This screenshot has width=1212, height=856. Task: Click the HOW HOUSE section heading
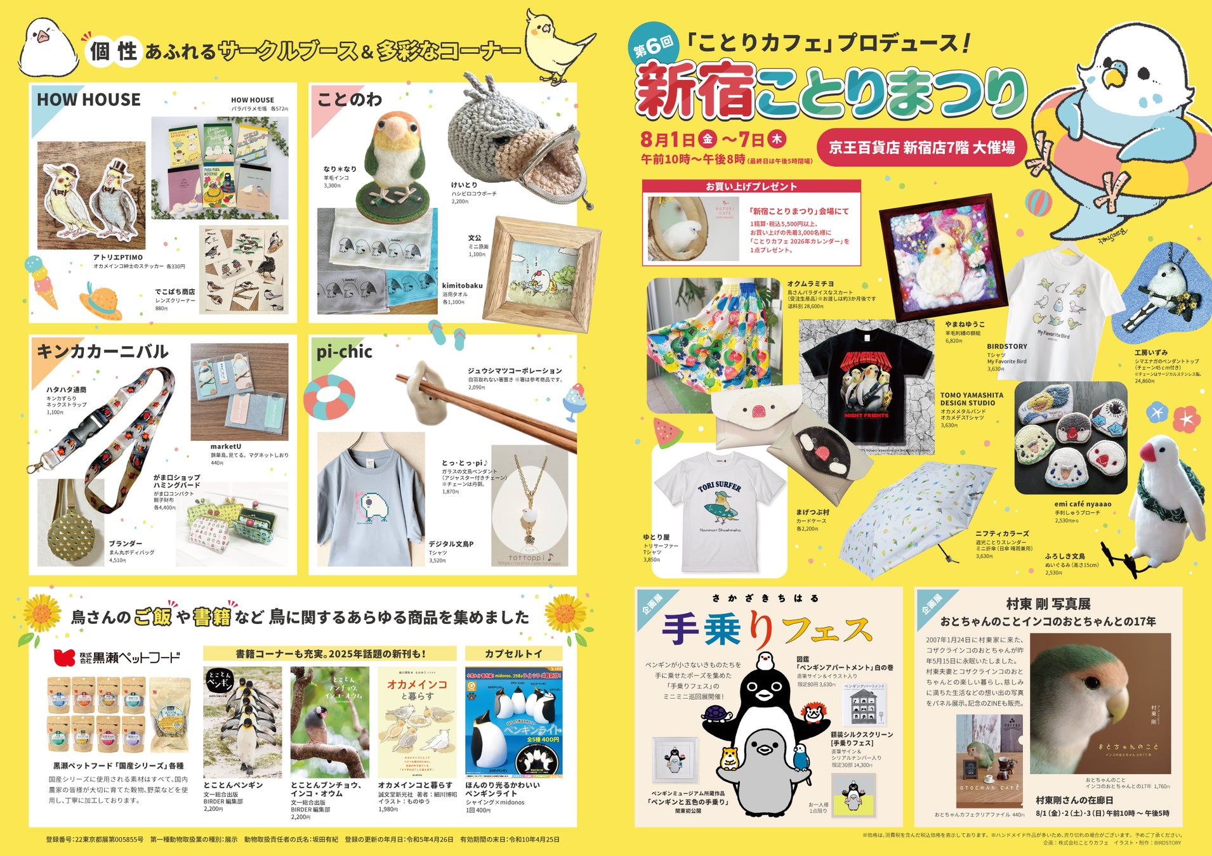point(88,100)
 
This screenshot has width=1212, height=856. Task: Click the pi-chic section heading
point(344,352)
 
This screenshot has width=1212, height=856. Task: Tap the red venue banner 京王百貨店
point(921,148)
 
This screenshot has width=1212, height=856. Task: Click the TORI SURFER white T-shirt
point(720,507)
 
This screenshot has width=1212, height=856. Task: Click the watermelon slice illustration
point(667,434)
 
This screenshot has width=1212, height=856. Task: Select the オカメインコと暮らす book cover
point(416,722)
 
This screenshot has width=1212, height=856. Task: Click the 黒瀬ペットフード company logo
point(117,657)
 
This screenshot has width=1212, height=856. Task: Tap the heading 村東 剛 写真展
point(1048,603)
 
